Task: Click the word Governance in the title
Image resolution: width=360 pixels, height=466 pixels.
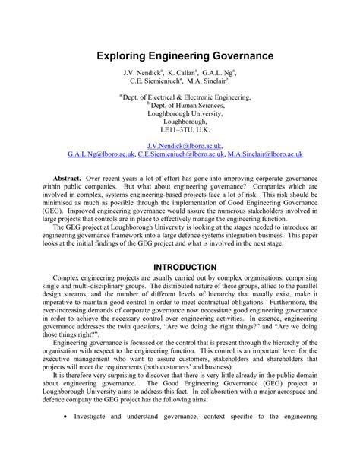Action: (x=229, y=56)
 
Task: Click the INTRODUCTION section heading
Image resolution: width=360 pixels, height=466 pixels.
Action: (x=179, y=266)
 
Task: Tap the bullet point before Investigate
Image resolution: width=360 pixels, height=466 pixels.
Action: (x=68, y=438)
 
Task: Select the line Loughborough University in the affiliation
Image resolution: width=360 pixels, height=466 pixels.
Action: (x=179, y=113)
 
